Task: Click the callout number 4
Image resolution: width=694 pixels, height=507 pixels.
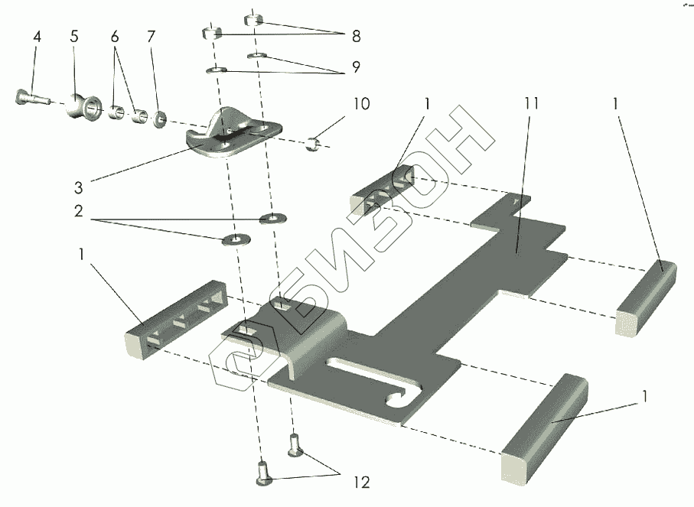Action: (35, 37)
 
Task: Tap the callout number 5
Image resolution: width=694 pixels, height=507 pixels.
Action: (74, 37)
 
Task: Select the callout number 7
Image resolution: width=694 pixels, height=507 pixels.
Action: (152, 37)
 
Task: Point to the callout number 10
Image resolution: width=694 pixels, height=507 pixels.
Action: (362, 103)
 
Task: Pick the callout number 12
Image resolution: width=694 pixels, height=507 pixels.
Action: (360, 483)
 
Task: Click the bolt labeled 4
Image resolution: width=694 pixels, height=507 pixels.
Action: (29, 97)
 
